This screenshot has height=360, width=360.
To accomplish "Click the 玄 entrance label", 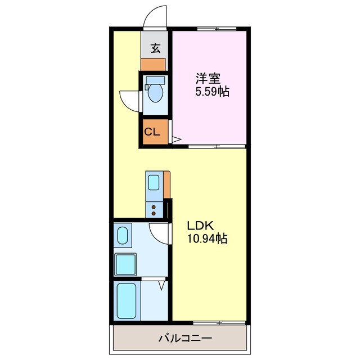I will coord(153,47).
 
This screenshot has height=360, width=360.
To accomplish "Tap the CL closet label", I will coord(152,133).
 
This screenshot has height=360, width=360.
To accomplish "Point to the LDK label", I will coord(200,226).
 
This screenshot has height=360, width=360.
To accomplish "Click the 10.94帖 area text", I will coord(208,240).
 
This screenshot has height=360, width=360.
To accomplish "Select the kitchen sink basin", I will coord(154,182).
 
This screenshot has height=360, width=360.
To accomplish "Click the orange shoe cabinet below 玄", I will coord(153,63).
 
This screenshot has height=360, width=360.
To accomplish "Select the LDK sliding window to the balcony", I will coord(211,323).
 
